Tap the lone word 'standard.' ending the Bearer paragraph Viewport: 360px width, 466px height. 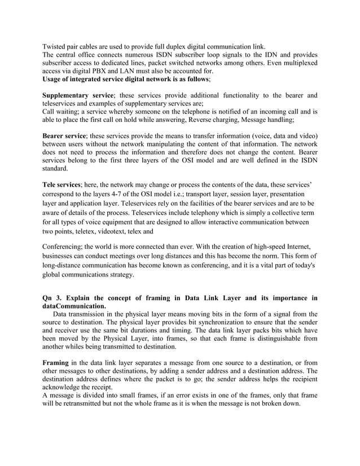pyautogui.click(x=57, y=168)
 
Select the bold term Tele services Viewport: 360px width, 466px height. pyautogui.click(x=62, y=184)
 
